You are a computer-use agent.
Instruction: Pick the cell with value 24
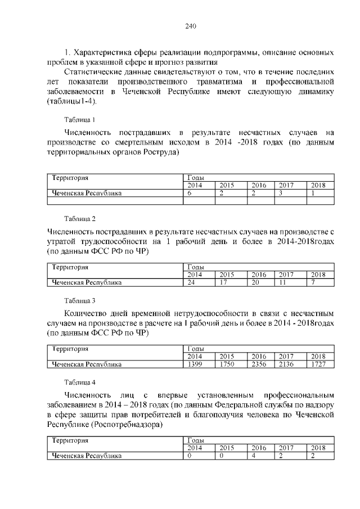point(192,282)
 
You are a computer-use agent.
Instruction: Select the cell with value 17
point(223,282)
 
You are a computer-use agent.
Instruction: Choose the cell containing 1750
point(227,364)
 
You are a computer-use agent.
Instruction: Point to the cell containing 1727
point(318,364)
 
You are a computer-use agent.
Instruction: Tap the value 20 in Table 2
point(255,282)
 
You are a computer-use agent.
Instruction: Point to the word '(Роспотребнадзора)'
point(127,425)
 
